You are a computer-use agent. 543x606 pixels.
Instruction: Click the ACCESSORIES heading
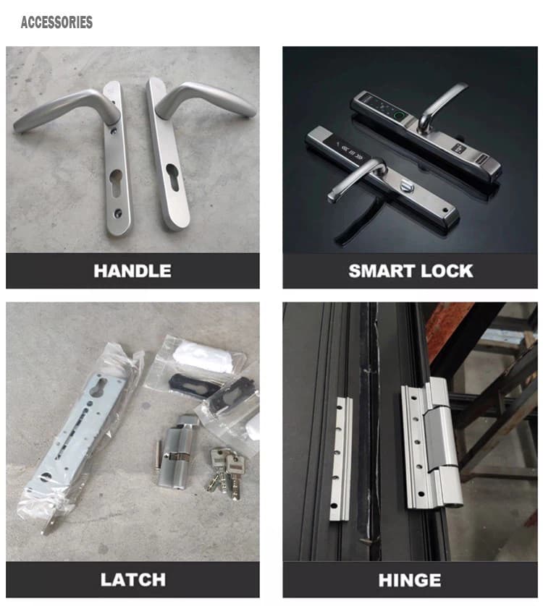56,22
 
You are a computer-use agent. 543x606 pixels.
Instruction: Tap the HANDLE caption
132,271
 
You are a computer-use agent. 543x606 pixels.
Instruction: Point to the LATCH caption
132,579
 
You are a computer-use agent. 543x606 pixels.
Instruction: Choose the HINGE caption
410,579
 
